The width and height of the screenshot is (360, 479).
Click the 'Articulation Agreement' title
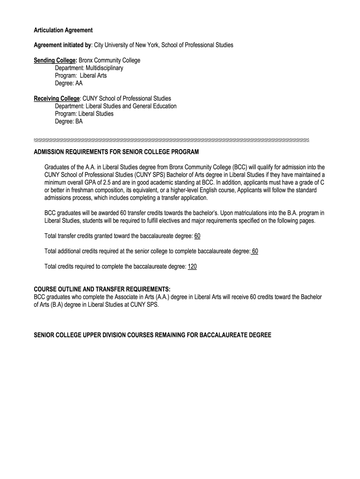point(63,30)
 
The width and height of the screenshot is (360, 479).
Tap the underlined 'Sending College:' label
point(55,61)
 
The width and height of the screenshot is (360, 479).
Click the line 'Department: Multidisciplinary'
point(89,68)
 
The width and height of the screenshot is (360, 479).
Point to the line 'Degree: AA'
point(69,83)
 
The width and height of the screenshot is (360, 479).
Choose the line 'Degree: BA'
point(69,121)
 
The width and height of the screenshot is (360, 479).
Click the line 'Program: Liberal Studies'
point(84,114)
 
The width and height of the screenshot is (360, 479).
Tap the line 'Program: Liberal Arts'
point(81,76)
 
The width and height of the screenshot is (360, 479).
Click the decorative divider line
point(172,140)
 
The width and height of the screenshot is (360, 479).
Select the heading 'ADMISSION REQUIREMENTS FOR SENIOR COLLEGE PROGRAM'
point(116,152)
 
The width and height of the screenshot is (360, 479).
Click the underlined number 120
point(192,267)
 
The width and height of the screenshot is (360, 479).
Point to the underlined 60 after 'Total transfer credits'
point(197,236)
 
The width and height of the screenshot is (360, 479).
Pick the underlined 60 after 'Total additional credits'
point(254,251)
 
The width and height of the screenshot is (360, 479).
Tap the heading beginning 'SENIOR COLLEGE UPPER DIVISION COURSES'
point(152,335)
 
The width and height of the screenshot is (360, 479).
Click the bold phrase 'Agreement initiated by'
point(63,45)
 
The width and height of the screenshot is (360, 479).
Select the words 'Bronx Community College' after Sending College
point(109,61)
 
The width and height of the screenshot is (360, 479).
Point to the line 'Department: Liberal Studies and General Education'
point(115,106)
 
